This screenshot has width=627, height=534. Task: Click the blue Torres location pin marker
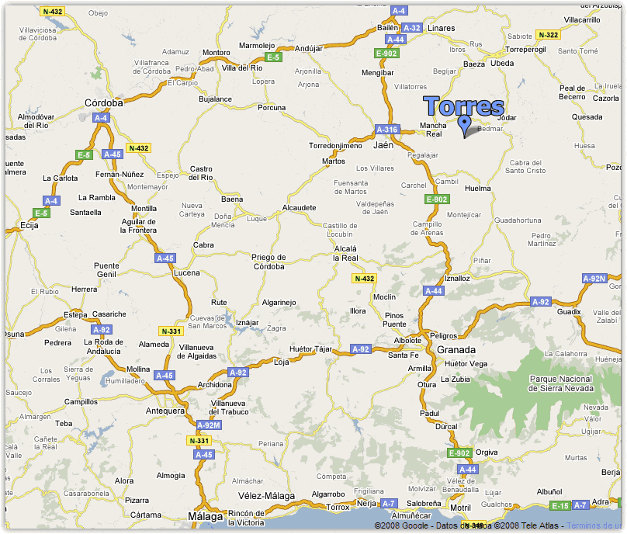point(465,124)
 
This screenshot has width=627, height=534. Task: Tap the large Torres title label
point(464,107)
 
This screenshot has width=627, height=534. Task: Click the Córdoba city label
point(104,102)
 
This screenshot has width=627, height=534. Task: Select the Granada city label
point(456,349)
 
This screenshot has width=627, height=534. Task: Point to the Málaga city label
point(206,516)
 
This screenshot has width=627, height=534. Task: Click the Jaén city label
point(383,144)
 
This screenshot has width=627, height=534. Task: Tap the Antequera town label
point(165,410)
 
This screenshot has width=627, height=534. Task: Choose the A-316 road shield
point(386,130)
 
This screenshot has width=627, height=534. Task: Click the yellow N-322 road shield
point(548,35)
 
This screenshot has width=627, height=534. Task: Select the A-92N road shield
point(594,279)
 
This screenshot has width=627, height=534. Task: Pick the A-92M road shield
point(209,425)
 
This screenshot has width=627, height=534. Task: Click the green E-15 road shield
point(559,506)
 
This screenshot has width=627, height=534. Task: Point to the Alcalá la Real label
point(345,253)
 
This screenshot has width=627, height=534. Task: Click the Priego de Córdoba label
point(268,262)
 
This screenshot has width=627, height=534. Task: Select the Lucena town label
point(186,272)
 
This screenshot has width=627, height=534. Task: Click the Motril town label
point(460,508)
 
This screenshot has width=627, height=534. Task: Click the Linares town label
point(441,29)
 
